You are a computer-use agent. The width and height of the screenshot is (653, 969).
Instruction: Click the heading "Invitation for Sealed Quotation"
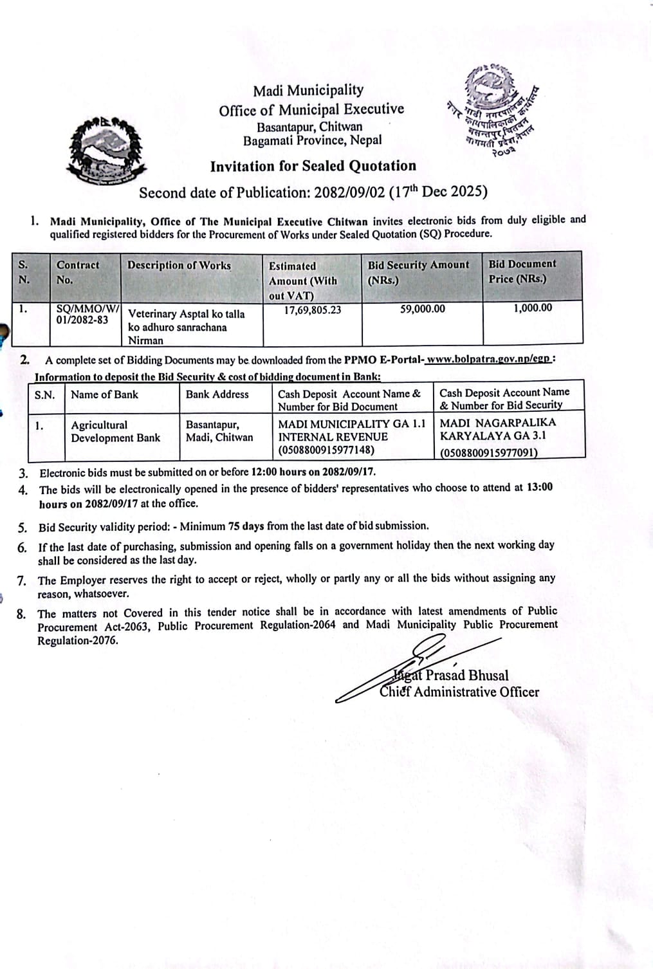tap(313, 166)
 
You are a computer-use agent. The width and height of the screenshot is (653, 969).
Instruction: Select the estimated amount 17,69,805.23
tap(313, 309)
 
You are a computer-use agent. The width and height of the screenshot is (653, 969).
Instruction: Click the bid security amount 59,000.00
tap(422, 309)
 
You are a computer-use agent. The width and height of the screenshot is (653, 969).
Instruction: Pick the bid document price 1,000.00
tap(532, 308)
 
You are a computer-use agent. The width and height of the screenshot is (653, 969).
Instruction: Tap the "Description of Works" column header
tap(179, 265)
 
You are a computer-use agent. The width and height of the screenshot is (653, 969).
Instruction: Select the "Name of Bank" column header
tap(104, 394)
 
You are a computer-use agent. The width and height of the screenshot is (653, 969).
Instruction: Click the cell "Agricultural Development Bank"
tap(115, 431)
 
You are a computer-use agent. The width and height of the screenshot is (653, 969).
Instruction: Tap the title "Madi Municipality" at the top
tap(308, 91)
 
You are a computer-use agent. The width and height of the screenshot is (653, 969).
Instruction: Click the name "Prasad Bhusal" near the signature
tap(466, 676)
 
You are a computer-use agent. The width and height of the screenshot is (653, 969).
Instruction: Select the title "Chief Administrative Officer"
tap(459, 692)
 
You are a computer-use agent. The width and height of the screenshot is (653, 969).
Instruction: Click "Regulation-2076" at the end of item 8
tap(78, 641)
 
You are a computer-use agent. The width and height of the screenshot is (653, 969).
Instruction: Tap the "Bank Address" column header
tap(217, 394)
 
